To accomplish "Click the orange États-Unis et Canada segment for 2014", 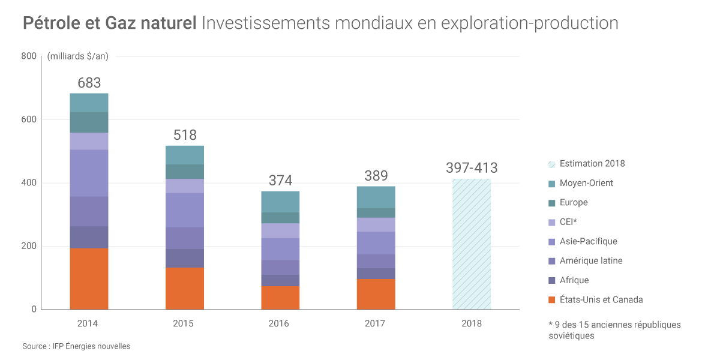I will tap(89, 278).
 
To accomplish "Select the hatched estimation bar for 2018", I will tap(472, 244).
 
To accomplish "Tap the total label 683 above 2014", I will tap(89, 83).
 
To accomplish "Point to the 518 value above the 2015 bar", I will tap(185, 135).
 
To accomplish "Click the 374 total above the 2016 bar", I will tap(280, 181).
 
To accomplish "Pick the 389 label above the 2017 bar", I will tap(376, 176).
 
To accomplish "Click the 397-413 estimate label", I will tap(472, 168).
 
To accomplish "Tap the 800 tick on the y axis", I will tap(29, 56).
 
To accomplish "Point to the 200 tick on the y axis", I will tap(29, 246).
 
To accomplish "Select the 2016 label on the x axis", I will tap(279, 323).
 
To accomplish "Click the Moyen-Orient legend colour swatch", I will tap(551, 183).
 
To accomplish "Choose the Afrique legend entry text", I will tap(574, 280).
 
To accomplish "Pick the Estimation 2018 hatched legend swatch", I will tap(551, 164).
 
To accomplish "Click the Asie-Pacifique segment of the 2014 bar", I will tap(89, 173).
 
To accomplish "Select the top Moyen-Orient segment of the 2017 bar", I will tap(376, 197).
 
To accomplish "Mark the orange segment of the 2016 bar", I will tap(280, 298).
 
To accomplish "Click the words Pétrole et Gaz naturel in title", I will tap(110, 23).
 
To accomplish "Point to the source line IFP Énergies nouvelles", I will tap(76, 346).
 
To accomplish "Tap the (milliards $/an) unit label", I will tap(77, 56).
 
